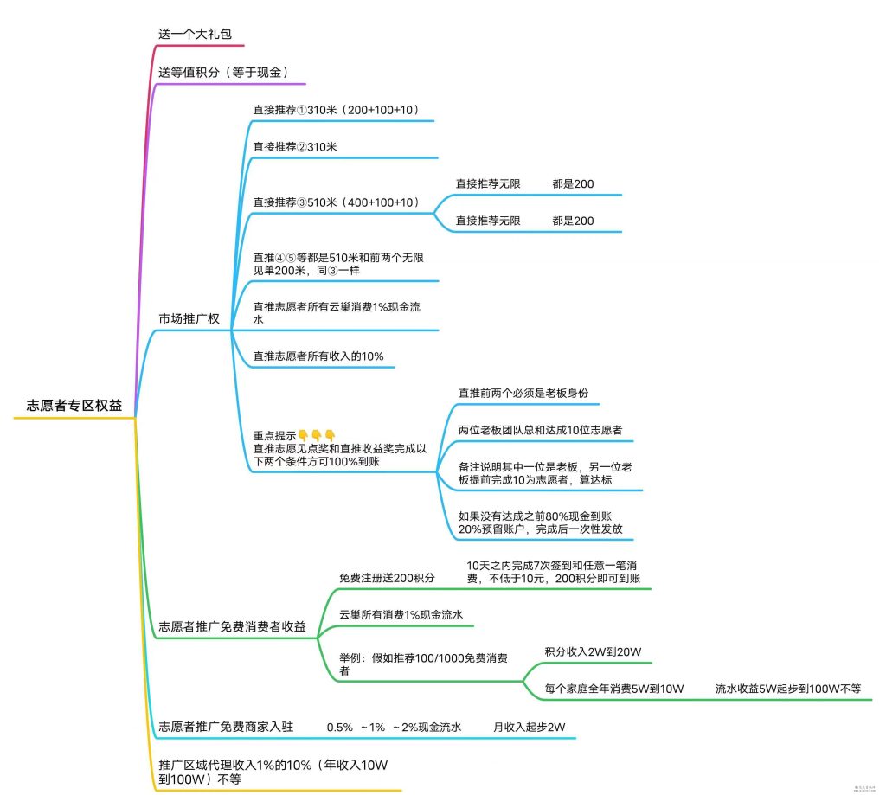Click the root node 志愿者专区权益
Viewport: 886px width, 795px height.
point(74,406)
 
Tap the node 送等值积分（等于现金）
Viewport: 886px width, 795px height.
point(222,73)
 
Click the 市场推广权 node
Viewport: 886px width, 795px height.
point(189,318)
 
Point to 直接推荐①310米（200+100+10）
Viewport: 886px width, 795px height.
point(336,110)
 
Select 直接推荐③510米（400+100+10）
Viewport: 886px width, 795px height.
point(337,202)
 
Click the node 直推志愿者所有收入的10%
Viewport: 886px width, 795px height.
point(318,356)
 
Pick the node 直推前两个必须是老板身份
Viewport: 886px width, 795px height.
point(523,392)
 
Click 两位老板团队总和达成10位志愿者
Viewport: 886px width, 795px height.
point(541,430)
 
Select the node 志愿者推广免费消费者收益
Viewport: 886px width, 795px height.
point(232,626)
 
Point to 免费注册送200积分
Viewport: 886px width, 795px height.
point(387,577)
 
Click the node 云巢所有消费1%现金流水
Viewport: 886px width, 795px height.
point(401,614)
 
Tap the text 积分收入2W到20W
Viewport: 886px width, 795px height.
point(592,651)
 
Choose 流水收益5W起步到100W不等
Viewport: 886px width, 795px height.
point(787,689)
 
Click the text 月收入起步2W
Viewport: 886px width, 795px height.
point(529,728)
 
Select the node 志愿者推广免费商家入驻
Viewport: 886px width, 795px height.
point(226,728)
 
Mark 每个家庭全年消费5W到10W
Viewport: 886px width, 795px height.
point(614,689)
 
